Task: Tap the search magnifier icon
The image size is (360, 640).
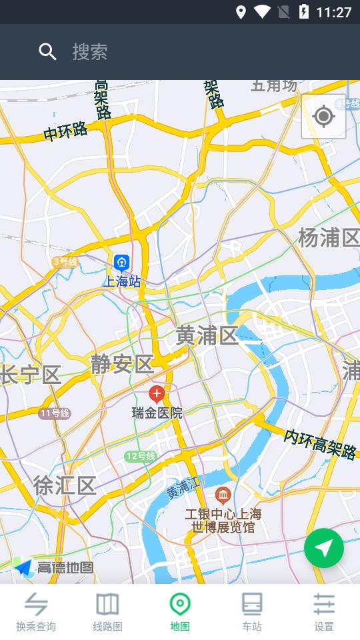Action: [47, 52]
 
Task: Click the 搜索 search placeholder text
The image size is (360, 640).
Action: [90, 52]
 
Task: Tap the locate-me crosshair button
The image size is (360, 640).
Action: [323, 117]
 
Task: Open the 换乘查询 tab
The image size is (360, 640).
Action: [36, 612]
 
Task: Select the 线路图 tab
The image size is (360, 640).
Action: [107, 612]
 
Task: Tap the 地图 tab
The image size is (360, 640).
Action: [180, 612]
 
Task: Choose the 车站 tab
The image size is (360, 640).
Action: [252, 612]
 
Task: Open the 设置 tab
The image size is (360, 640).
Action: [324, 612]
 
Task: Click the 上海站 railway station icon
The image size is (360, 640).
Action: [121, 262]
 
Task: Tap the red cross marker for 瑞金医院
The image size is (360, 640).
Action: [157, 393]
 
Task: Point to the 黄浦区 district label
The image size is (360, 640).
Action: [207, 336]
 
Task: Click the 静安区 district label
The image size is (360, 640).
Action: [123, 364]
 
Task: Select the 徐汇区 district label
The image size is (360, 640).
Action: [65, 485]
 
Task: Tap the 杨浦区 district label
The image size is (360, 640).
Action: [328, 237]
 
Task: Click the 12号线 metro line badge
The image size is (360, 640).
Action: [140, 457]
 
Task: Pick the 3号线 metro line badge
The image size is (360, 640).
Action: [65, 262]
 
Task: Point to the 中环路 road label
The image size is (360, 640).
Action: [65, 131]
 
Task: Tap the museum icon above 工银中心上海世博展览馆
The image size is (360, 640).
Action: [223, 495]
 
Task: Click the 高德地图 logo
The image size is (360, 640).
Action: [53, 567]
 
